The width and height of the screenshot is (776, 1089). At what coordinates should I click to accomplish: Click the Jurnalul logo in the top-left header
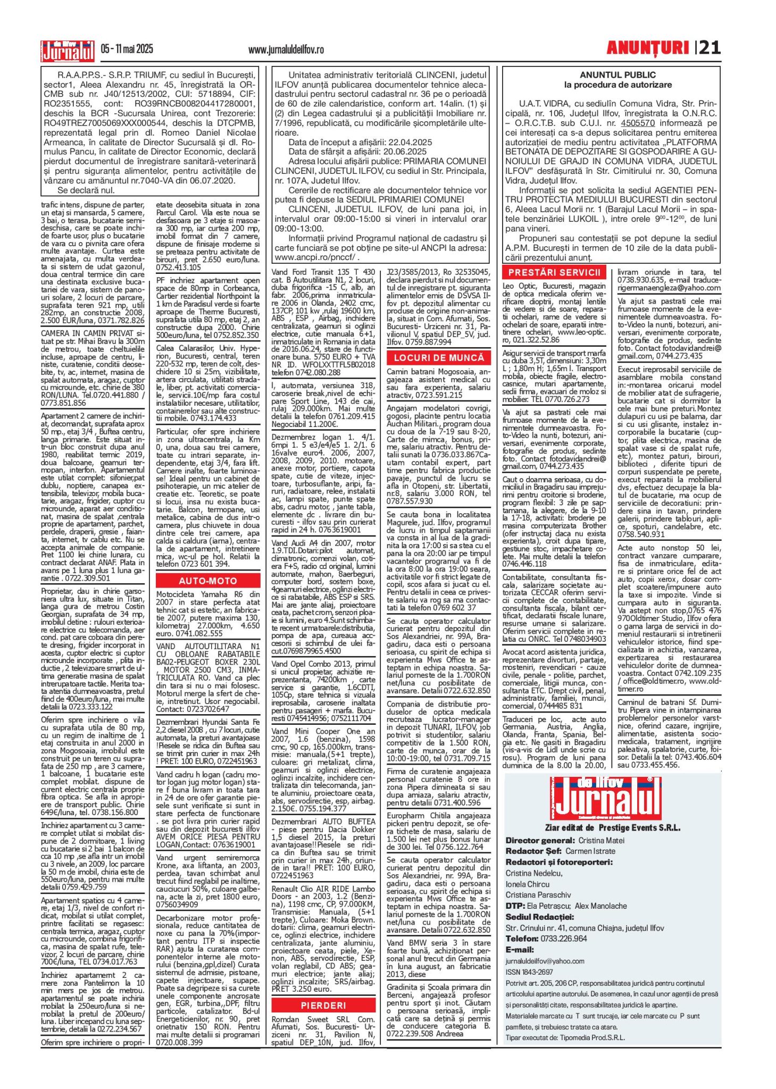pos(68,51)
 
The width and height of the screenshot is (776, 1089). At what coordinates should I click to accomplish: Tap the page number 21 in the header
pos(710,48)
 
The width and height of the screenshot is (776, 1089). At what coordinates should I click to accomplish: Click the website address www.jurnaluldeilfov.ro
pos(286,50)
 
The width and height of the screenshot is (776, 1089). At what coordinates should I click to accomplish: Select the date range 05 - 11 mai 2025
pos(127,49)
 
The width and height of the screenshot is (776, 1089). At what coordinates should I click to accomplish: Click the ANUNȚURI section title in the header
pos(647,48)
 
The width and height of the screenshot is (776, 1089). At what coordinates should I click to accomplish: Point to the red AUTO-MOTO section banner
pos(208,581)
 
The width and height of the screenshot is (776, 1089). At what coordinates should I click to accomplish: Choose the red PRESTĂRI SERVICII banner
pos(554,273)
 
